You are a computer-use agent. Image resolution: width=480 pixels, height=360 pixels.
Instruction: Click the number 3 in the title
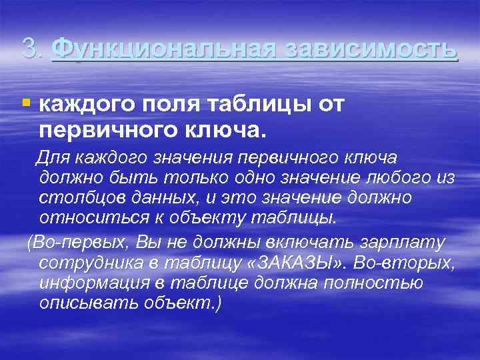[28, 48]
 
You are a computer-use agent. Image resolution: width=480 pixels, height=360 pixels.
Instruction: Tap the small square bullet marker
[26, 103]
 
